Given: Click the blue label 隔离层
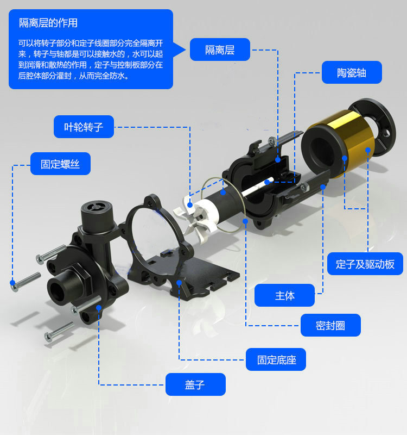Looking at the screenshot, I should (220, 49).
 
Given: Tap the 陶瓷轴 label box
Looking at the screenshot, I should (352, 72).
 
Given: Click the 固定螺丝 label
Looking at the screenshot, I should (60, 163).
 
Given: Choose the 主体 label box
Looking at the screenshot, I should (284, 295).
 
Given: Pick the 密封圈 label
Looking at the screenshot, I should (330, 325).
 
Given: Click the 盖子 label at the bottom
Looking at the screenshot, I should (195, 384).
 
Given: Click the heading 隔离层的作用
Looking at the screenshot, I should (48, 23).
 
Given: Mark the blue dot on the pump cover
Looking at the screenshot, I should (99, 308).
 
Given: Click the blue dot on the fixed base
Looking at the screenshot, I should (179, 282).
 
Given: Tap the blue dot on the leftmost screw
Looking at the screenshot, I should (12, 282).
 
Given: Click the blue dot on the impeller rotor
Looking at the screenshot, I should (190, 205).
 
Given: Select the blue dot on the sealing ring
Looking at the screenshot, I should (246, 221).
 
